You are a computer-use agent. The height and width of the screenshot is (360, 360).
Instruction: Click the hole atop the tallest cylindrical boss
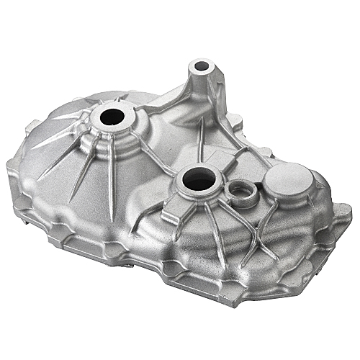coord(201,67)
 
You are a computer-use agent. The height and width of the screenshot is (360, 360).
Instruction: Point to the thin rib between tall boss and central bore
coord(199,140)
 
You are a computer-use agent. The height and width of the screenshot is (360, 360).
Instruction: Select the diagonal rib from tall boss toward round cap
coord(238,144)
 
